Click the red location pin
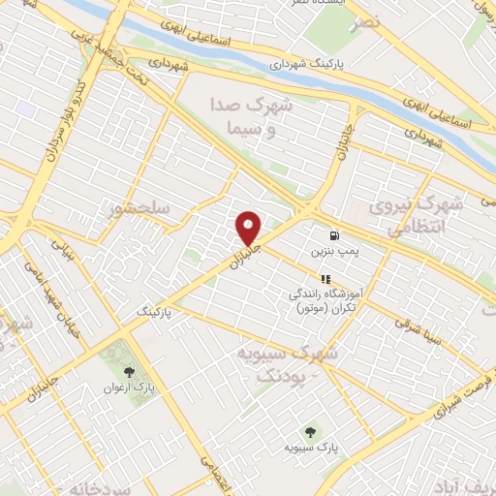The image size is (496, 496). (249, 228)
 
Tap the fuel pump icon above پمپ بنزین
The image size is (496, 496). (335, 235)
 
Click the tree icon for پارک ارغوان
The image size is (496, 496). (130, 371)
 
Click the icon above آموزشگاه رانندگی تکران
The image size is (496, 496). (325, 278)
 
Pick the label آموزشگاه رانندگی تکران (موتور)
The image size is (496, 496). (326, 299)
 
